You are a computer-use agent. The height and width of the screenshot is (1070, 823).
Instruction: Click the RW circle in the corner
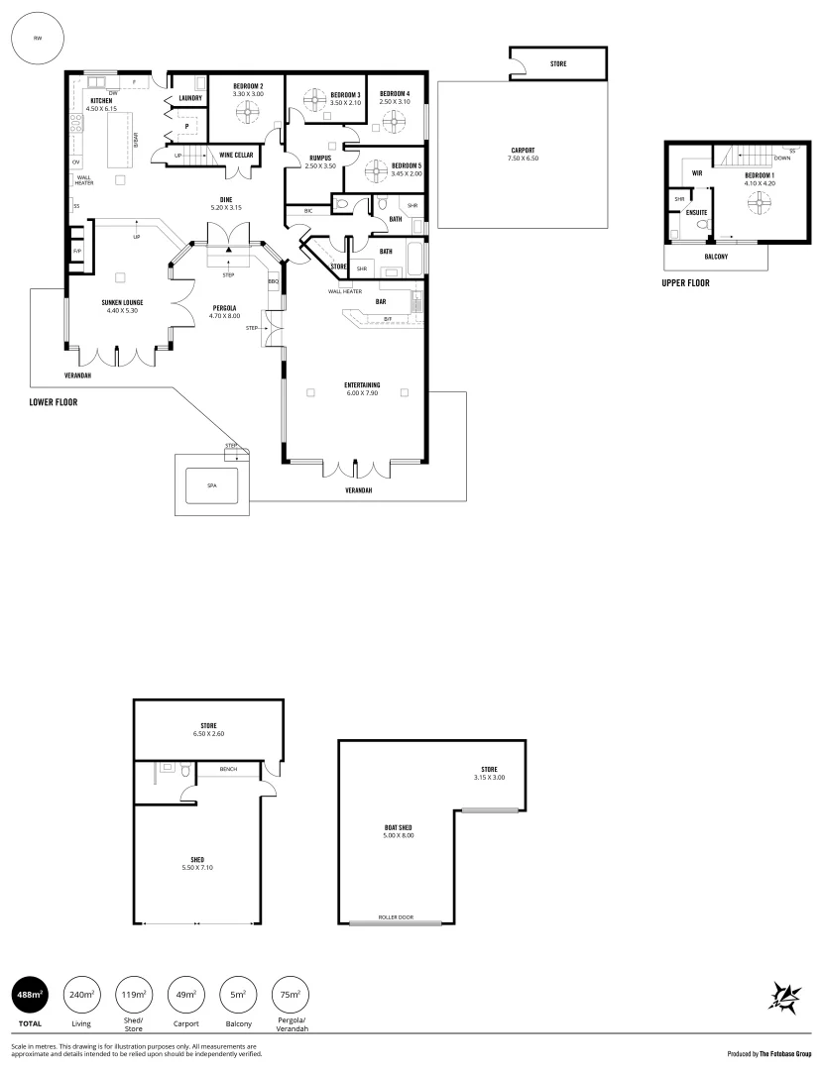tap(38, 38)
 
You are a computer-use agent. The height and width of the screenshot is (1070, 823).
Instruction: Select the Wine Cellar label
tap(236, 156)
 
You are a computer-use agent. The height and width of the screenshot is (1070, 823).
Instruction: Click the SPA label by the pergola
tap(211, 485)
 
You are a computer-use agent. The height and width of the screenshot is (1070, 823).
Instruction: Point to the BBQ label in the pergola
tap(274, 282)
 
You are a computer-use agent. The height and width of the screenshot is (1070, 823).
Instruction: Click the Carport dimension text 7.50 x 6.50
tap(523, 159)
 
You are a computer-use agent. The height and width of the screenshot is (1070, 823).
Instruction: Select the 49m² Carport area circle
tap(185, 994)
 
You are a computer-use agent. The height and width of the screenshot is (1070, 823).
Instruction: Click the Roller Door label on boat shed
tap(396, 917)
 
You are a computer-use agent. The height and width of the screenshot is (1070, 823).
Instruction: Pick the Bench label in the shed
tap(227, 768)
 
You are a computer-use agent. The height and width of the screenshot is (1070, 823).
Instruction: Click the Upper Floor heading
tap(685, 282)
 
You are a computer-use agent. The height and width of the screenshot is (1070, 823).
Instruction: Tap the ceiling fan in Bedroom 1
tap(760, 201)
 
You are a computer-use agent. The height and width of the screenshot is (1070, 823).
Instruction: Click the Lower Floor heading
tap(54, 402)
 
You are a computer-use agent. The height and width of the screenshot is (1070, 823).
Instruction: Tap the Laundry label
tap(190, 98)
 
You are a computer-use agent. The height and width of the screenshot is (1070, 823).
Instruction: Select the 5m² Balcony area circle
tap(237, 994)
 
